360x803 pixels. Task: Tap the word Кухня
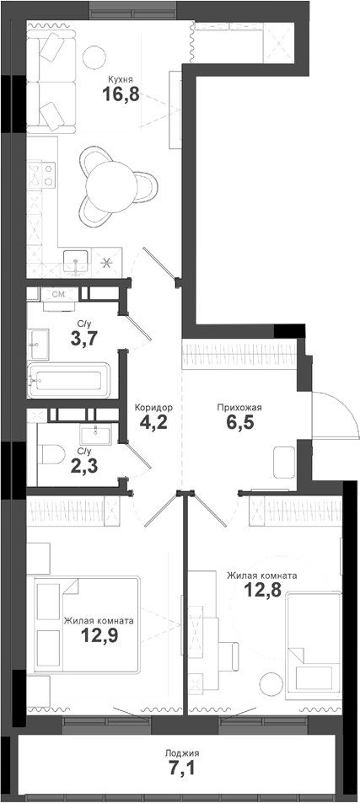pyautogui.click(x=120, y=80)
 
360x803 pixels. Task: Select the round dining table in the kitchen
pyautogui.click(x=113, y=180)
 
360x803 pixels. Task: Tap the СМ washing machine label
pyautogui.click(x=60, y=295)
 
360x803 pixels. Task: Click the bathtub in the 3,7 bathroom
pyautogui.click(x=67, y=381)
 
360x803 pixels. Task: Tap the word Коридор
pyautogui.click(x=153, y=407)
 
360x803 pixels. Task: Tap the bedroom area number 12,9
pyautogui.click(x=99, y=635)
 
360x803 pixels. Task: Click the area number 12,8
pyautogui.click(x=261, y=592)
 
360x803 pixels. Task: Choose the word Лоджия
pyautogui.click(x=183, y=752)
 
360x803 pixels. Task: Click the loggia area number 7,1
pyautogui.click(x=183, y=768)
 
